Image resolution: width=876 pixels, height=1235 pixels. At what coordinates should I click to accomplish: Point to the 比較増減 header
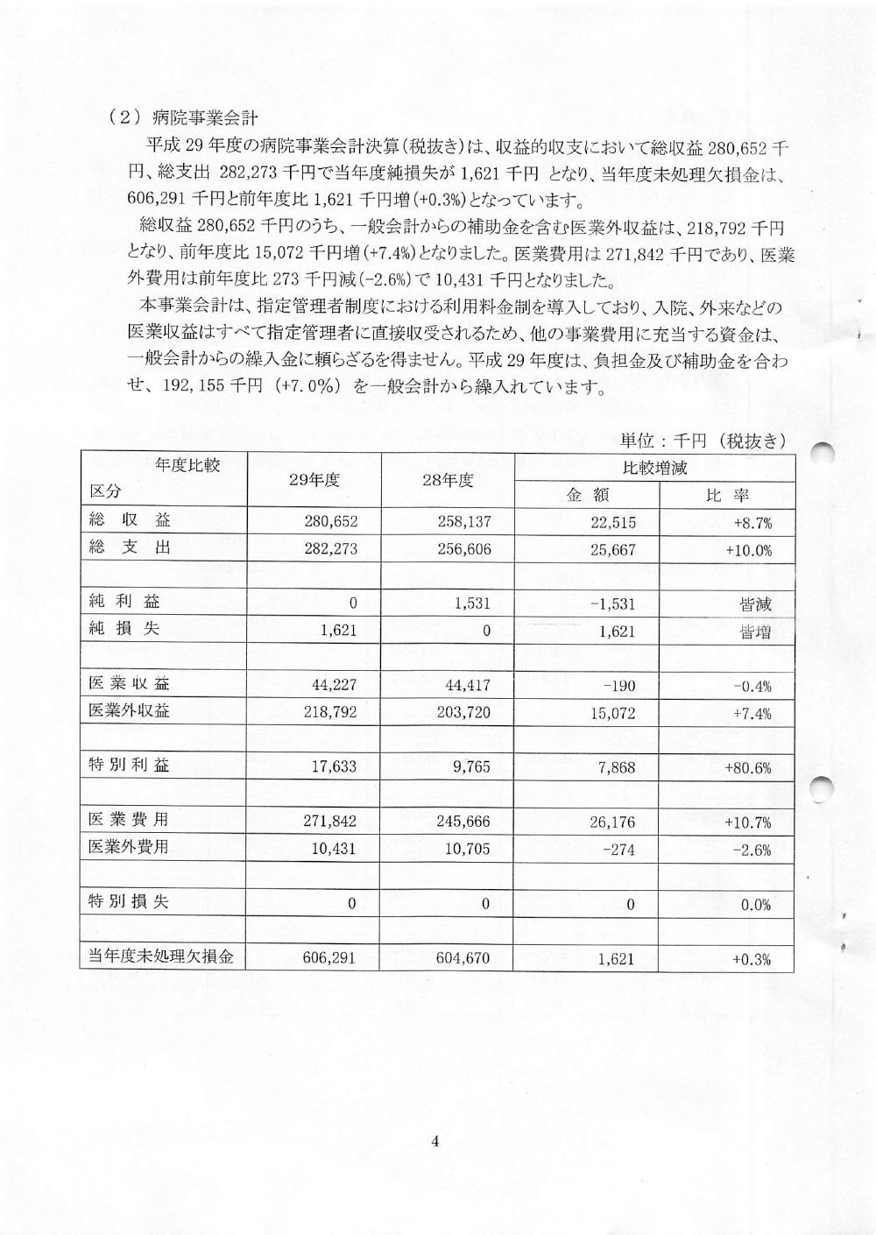[x=654, y=468]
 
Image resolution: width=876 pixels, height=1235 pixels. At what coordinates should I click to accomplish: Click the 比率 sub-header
[x=727, y=495]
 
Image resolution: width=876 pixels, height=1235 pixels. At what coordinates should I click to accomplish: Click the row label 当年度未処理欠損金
[x=162, y=956]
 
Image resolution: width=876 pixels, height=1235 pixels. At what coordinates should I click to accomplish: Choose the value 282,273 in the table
[x=330, y=550]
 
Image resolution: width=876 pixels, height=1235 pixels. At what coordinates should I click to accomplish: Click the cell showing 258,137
[x=463, y=523]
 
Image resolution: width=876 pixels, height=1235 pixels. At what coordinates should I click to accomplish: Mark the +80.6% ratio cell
[x=747, y=768]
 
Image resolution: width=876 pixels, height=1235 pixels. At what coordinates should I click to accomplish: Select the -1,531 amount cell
[x=611, y=604]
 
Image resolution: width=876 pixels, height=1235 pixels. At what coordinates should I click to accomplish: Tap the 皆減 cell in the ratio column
[x=754, y=604]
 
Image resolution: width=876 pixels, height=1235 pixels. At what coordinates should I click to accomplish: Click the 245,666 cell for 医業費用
[x=463, y=822]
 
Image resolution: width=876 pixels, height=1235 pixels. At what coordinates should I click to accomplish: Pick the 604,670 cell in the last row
[x=463, y=959]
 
